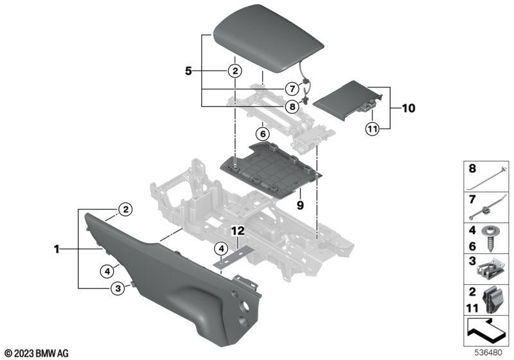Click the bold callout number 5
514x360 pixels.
click(x=188, y=71)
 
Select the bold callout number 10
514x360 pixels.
click(x=408, y=108)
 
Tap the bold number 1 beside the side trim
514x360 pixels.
click(x=57, y=249)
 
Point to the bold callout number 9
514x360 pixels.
click(x=300, y=205)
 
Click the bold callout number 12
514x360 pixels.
click(x=238, y=231)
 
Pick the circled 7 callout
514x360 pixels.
click(x=292, y=88)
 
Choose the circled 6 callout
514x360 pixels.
click(x=263, y=134)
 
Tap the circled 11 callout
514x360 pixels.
click(x=372, y=129)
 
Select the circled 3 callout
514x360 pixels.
click(x=118, y=289)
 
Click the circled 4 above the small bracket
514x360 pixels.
click(x=221, y=249)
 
